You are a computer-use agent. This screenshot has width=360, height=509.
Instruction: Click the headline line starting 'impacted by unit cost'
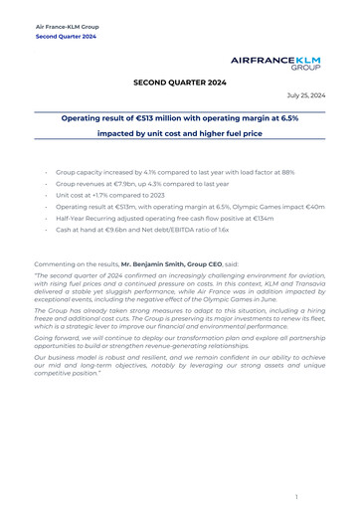click(179, 132)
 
